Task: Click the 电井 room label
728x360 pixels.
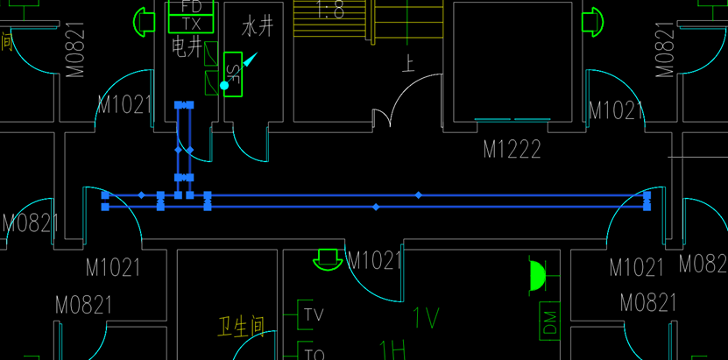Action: tap(186, 47)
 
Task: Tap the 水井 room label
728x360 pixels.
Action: tap(258, 26)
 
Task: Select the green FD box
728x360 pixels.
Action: tap(190, 7)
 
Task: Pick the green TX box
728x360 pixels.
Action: tap(190, 23)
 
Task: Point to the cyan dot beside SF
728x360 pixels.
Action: tap(224, 86)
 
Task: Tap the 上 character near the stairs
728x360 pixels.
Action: tap(407, 63)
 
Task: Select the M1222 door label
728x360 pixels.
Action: tap(512, 150)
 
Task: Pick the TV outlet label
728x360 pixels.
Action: tap(315, 314)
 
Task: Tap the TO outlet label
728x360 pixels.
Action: tap(315, 354)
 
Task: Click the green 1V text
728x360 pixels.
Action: tap(426, 317)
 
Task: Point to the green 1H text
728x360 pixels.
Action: tap(391, 352)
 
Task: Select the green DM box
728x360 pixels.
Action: tap(550, 321)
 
